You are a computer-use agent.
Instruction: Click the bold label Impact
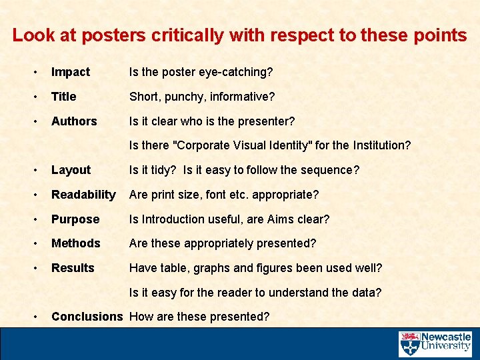(71, 72)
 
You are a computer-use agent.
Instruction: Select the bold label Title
(64, 97)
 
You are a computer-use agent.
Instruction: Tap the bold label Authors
(74, 121)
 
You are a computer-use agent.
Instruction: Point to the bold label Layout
(71, 170)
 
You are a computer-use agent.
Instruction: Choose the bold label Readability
(83, 195)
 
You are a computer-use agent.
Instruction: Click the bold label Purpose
(75, 219)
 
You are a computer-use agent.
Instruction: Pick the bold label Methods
(76, 243)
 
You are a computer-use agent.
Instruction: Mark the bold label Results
(73, 268)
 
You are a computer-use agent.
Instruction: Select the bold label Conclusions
(87, 317)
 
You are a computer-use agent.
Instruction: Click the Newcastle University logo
(435, 344)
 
